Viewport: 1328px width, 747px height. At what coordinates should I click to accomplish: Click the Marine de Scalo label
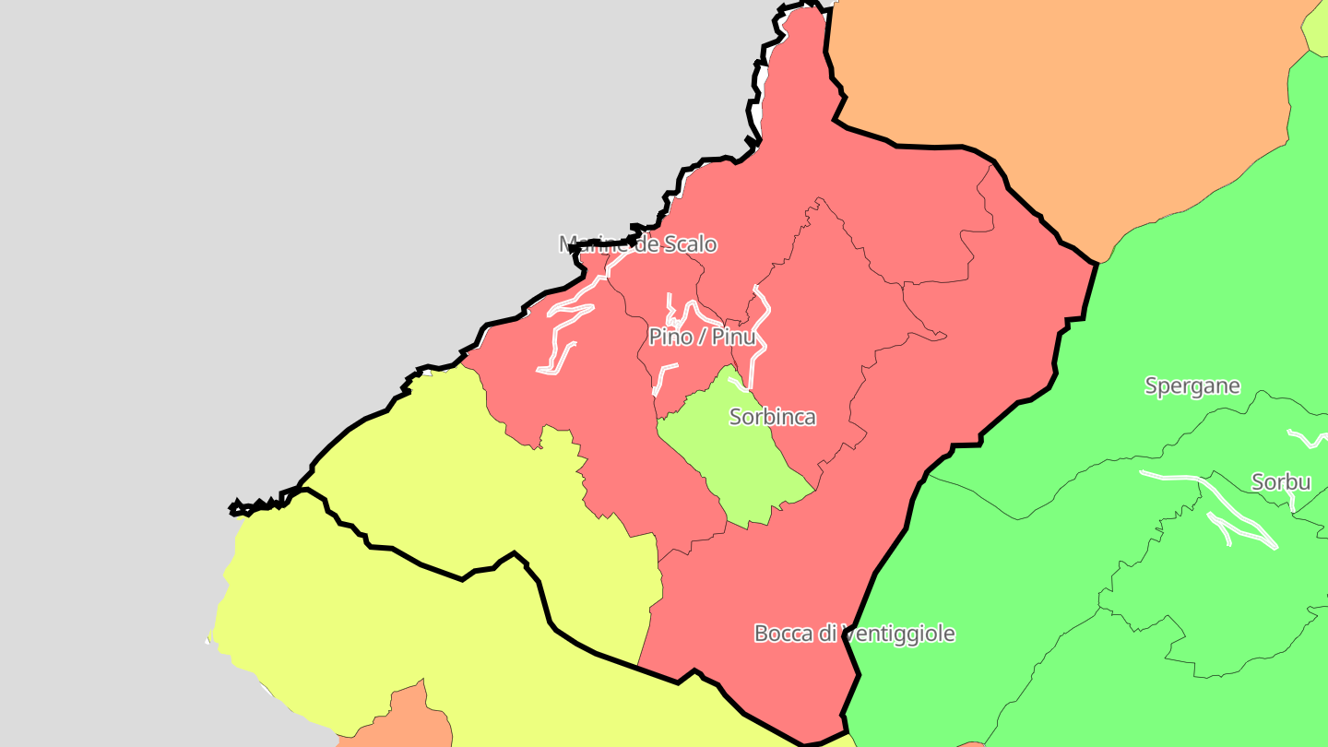[637, 244]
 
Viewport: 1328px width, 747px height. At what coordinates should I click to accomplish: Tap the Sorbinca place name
[772, 417]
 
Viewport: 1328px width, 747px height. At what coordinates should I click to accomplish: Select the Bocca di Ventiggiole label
[854, 634]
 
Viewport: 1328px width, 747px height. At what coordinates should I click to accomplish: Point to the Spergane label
[1192, 385]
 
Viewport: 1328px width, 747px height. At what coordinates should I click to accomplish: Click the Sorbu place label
[1281, 481]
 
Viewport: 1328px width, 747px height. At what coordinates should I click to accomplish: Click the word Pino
[670, 337]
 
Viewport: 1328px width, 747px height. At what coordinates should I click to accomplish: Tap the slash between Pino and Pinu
[702, 337]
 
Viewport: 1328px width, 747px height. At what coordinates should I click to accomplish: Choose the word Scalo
[690, 244]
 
